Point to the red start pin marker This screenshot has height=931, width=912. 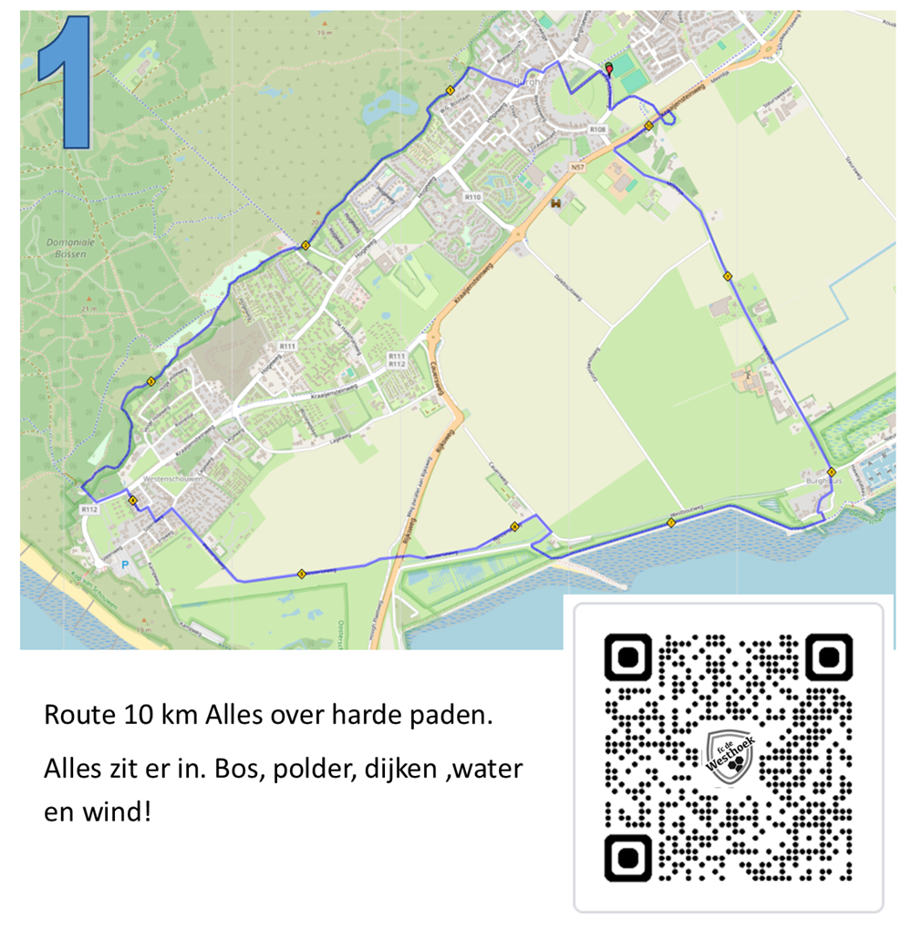(x=609, y=67)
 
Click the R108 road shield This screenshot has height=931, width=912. (x=597, y=130)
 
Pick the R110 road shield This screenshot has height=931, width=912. (x=472, y=197)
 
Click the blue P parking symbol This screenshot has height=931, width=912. (x=125, y=565)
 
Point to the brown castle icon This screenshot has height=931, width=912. (x=555, y=204)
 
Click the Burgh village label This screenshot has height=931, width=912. (x=528, y=82)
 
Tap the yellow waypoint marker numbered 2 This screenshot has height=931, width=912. (x=306, y=245)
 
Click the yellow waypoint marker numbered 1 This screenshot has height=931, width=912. (x=451, y=89)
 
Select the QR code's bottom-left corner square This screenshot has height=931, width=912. (x=628, y=857)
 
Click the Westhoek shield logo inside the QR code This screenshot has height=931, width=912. (x=731, y=756)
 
